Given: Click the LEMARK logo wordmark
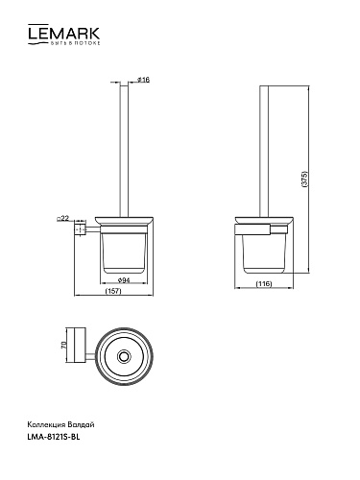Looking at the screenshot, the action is coord(64,33).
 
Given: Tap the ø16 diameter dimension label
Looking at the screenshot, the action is coord(143,80).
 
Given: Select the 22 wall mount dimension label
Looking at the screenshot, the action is coord(62,219).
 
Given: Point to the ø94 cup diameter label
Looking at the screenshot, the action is coord(124,280).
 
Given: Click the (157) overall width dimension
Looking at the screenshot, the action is coord(113,291).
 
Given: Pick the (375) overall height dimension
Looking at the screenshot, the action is coord(304,180).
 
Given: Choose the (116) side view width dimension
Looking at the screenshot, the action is coord(264,283).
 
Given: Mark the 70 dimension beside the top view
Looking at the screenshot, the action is coord(63,345).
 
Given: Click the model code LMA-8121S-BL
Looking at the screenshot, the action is coord(54,437).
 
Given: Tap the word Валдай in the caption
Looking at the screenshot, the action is coord(82,425).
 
